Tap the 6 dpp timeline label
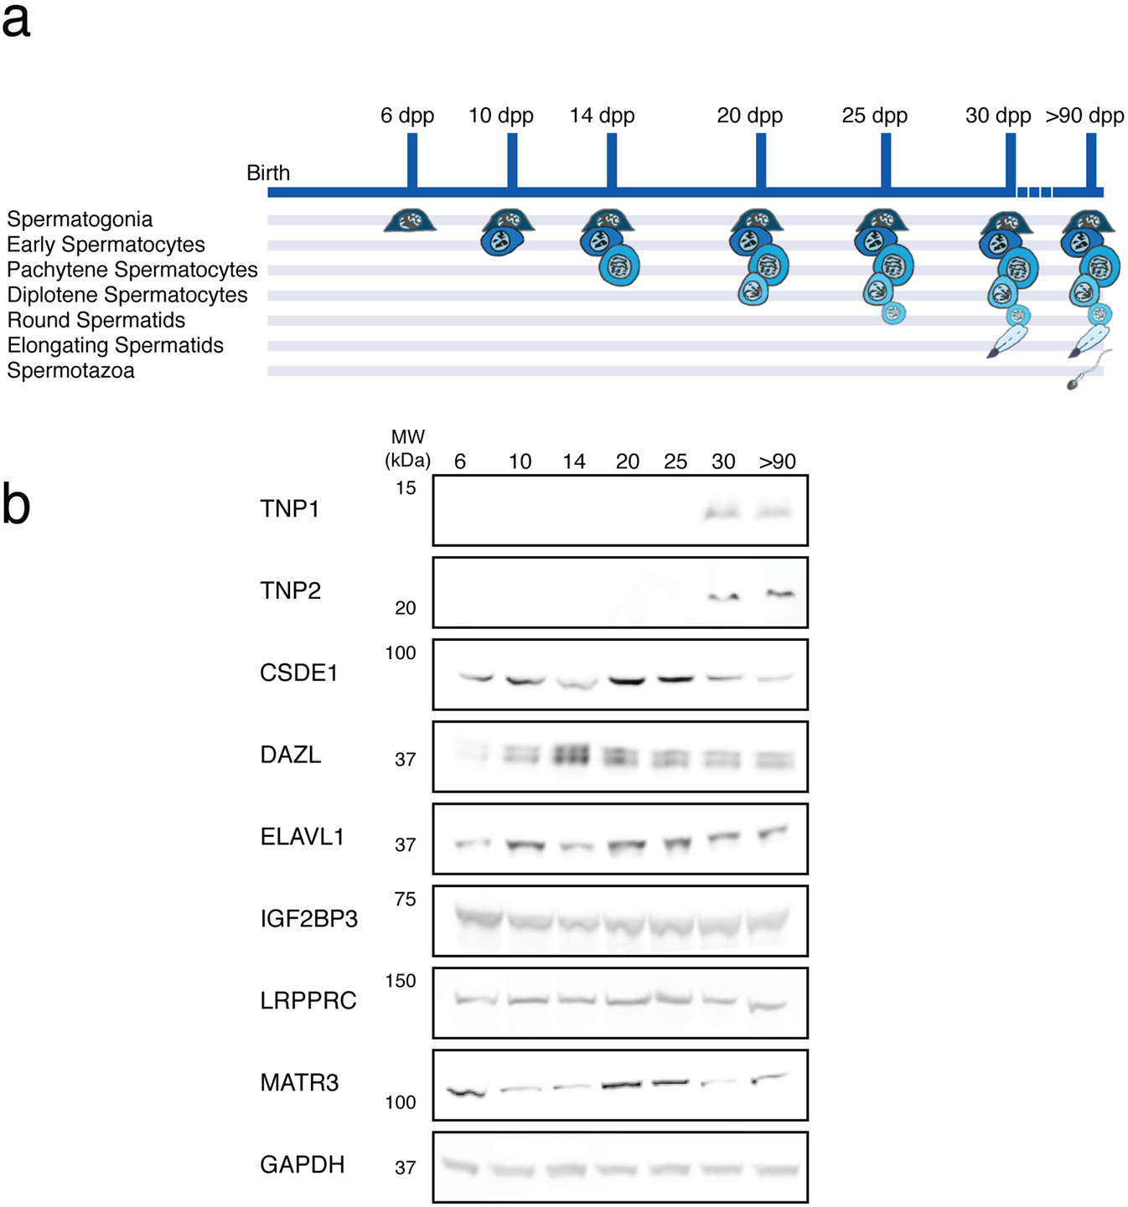(x=407, y=116)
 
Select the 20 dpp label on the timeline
(x=749, y=116)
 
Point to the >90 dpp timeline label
(x=1084, y=116)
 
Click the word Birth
(x=268, y=173)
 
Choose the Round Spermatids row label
(x=96, y=320)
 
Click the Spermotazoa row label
(x=71, y=370)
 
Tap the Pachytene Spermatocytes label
(x=132, y=270)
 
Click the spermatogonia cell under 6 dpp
(x=410, y=221)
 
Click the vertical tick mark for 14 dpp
(x=612, y=161)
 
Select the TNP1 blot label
(x=290, y=509)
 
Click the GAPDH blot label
(x=302, y=1165)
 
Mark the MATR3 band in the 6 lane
(x=465, y=1091)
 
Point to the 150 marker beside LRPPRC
(x=401, y=981)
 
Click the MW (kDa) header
(x=407, y=449)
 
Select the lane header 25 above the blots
(x=675, y=462)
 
